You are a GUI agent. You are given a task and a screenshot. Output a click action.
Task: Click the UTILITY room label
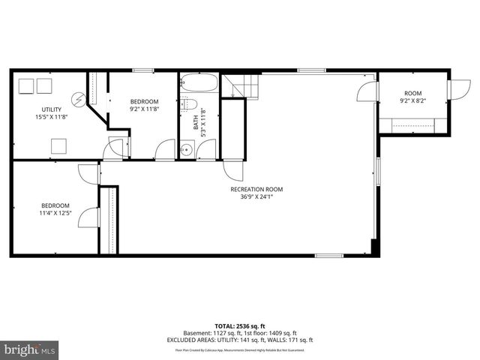coord(51,109)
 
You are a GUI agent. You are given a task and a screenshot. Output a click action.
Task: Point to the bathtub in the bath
coord(199,84)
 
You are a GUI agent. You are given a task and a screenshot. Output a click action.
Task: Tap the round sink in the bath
coord(187,148)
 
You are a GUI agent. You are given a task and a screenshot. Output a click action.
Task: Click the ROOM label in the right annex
coord(413,93)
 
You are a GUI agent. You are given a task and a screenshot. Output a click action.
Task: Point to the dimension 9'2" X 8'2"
coord(413,100)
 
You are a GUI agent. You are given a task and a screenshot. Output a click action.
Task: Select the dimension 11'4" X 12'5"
coord(55,213)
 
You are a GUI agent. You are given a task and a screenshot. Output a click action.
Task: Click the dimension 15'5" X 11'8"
coord(51,117)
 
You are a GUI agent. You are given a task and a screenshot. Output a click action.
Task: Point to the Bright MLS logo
coord(30,349)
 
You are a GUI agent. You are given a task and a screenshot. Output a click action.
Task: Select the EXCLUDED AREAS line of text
coord(240,340)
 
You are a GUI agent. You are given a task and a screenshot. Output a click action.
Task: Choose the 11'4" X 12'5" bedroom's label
coord(55,205)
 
